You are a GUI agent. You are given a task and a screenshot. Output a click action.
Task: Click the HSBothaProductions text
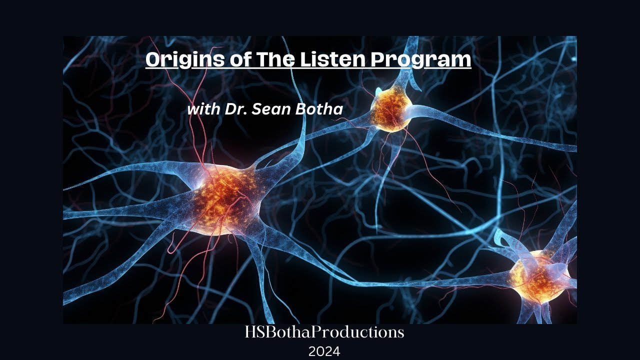coord(324,332)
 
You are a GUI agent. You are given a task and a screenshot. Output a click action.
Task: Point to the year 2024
coord(324,351)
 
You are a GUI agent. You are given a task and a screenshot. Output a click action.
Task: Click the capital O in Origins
coord(152,60)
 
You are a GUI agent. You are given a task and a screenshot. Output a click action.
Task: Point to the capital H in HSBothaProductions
coord(250,332)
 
